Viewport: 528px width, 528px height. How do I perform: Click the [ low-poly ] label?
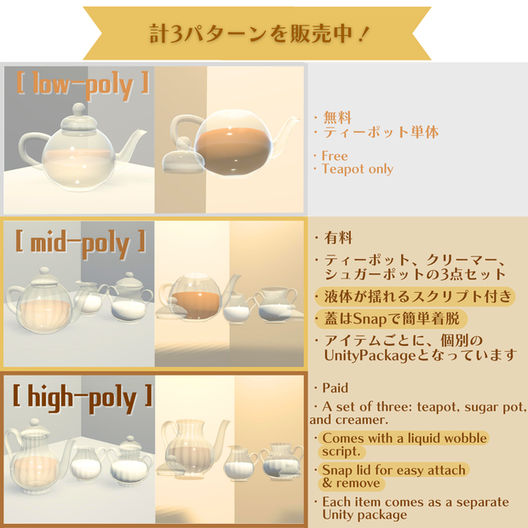(x=83, y=85)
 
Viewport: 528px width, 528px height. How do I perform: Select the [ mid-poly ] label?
(x=81, y=243)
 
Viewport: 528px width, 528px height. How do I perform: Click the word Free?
(x=335, y=156)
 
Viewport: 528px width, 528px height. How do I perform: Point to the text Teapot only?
(x=358, y=169)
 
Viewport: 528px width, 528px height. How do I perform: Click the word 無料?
(x=337, y=118)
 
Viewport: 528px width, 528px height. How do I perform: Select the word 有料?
(x=338, y=238)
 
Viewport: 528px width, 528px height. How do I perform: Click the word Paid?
(x=335, y=388)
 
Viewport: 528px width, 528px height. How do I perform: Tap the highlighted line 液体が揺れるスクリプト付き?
(x=417, y=296)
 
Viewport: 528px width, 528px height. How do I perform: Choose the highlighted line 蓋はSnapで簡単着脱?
(x=392, y=319)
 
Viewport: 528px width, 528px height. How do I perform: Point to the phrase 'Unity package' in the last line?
(x=364, y=515)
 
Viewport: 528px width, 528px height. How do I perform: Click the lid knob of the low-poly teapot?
(x=79, y=109)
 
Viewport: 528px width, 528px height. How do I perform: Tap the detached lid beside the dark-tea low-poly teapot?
(x=183, y=159)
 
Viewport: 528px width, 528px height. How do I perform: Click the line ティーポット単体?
(x=381, y=132)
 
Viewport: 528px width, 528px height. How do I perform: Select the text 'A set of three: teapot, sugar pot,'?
(x=424, y=407)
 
